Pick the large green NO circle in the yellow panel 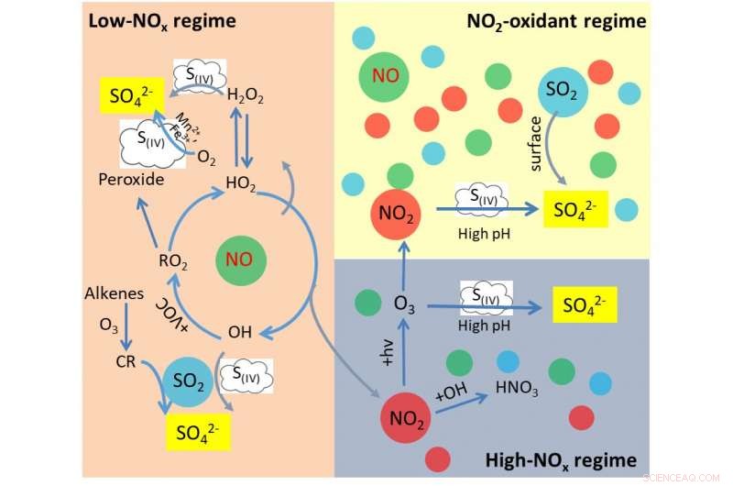[x=385, y=74]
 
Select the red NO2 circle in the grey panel [x=406, y=421]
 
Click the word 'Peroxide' [x=131, y=181]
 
